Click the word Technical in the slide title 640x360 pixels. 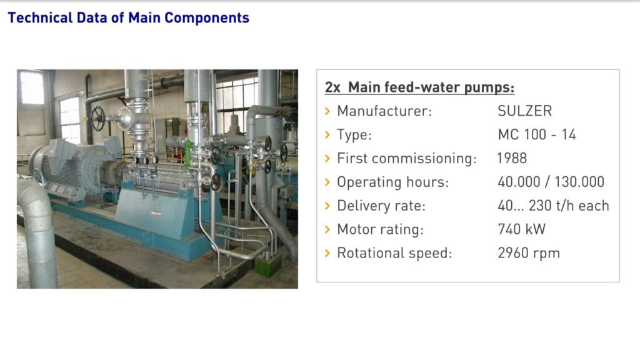tap(40, 17)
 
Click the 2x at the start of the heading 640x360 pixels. tap(332, 87)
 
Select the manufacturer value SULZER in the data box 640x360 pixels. tap(524, 111)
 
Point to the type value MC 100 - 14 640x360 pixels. tap(537, 135)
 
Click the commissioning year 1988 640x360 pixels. tap(512, 158)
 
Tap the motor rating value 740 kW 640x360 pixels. tap(522, 229)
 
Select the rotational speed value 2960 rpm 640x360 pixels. tap(529, 253)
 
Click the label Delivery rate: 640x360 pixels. tap(381, 206)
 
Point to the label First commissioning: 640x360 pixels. tap(406, 158)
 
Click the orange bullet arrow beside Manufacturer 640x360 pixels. tap(327, 111)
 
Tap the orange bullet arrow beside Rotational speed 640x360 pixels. tap(327, 253)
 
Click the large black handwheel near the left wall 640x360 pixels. tap(97, 119)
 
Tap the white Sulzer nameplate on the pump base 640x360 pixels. tap(156, 213)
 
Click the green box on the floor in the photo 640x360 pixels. tap(268, 264)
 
